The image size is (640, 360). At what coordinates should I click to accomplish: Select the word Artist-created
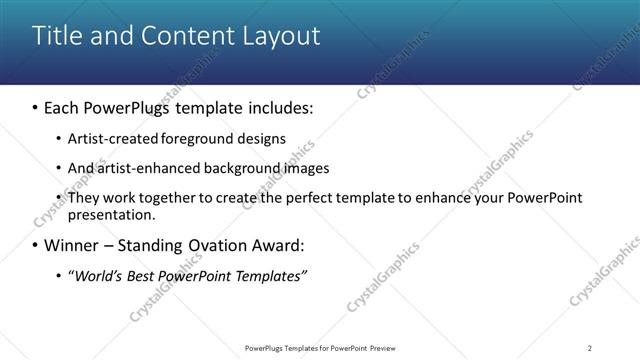point(109,138)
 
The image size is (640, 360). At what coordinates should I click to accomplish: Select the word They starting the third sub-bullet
point(83,198)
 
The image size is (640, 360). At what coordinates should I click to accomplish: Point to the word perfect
point(274,198)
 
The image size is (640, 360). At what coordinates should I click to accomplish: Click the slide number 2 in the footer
point(590,348)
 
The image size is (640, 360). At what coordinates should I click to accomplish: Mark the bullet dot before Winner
point(35,245)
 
